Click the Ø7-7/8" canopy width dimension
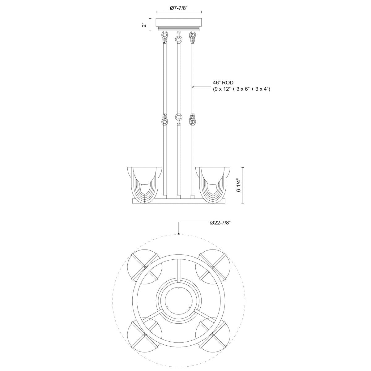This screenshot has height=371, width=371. click(179, 8)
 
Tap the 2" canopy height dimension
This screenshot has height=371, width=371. click(144, 25)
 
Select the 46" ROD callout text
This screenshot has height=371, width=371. click(223, 83)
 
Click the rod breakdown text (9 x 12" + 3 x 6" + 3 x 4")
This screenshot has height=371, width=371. click(241, 89)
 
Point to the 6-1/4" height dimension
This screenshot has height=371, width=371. click(238, 185)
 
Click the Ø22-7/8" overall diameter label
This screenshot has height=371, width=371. click(220, 223)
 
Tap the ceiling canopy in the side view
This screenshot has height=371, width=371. click(179, 23)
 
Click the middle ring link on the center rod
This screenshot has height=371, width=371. click(178, 117)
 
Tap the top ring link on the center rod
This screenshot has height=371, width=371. click(178, 39)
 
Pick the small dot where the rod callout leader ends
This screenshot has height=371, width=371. click(193, 87)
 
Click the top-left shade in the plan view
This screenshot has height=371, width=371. click(145, 266)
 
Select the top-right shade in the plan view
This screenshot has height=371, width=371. click(213, 266)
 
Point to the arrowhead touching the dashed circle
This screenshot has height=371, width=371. click(179, 234)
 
